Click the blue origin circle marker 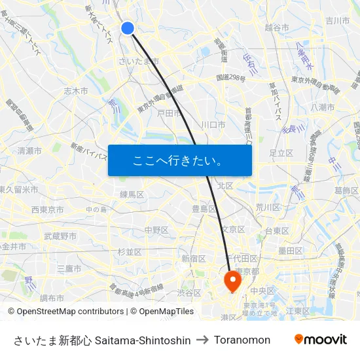point(128,27)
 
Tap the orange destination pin point(232,280)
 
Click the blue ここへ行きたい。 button point(180,160)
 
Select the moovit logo point(320,340)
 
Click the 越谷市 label point(277,27)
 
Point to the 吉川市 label point(338,21)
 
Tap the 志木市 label point(76,91)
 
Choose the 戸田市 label point(169,113)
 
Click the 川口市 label point(213,124)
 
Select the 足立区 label point(281,153)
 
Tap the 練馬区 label point(132,194)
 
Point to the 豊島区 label point(204,208)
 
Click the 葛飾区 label point(346,190)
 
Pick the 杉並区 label point(130,251)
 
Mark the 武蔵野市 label point(60,236)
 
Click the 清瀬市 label point(29,151)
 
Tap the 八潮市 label point(323,107)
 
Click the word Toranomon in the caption point(242,340)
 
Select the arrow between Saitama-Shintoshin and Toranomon point(202,340)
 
